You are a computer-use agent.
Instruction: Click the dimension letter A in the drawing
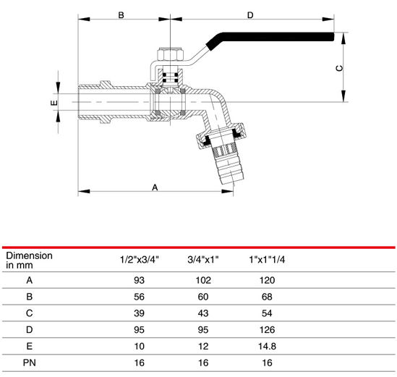155,187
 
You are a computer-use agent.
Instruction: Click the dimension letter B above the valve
121,14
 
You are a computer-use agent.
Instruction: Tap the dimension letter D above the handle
250,14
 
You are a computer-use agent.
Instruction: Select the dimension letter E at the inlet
54,103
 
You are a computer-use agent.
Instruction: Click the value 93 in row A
140,279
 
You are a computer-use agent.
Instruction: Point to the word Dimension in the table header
29,255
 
